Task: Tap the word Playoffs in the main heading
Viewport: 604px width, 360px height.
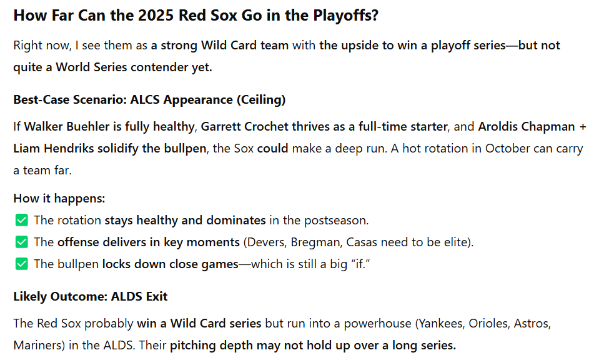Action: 345,16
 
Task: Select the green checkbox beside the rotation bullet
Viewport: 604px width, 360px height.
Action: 22,220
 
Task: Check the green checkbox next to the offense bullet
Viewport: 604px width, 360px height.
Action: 22,242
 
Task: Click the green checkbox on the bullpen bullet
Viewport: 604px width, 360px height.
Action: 22,264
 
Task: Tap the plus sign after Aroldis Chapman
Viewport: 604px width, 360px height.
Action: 582,127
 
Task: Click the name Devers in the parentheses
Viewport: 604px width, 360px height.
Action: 266,242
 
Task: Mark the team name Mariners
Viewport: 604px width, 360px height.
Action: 37,345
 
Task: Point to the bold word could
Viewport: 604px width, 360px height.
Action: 272,148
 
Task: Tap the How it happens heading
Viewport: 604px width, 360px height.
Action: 59,199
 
